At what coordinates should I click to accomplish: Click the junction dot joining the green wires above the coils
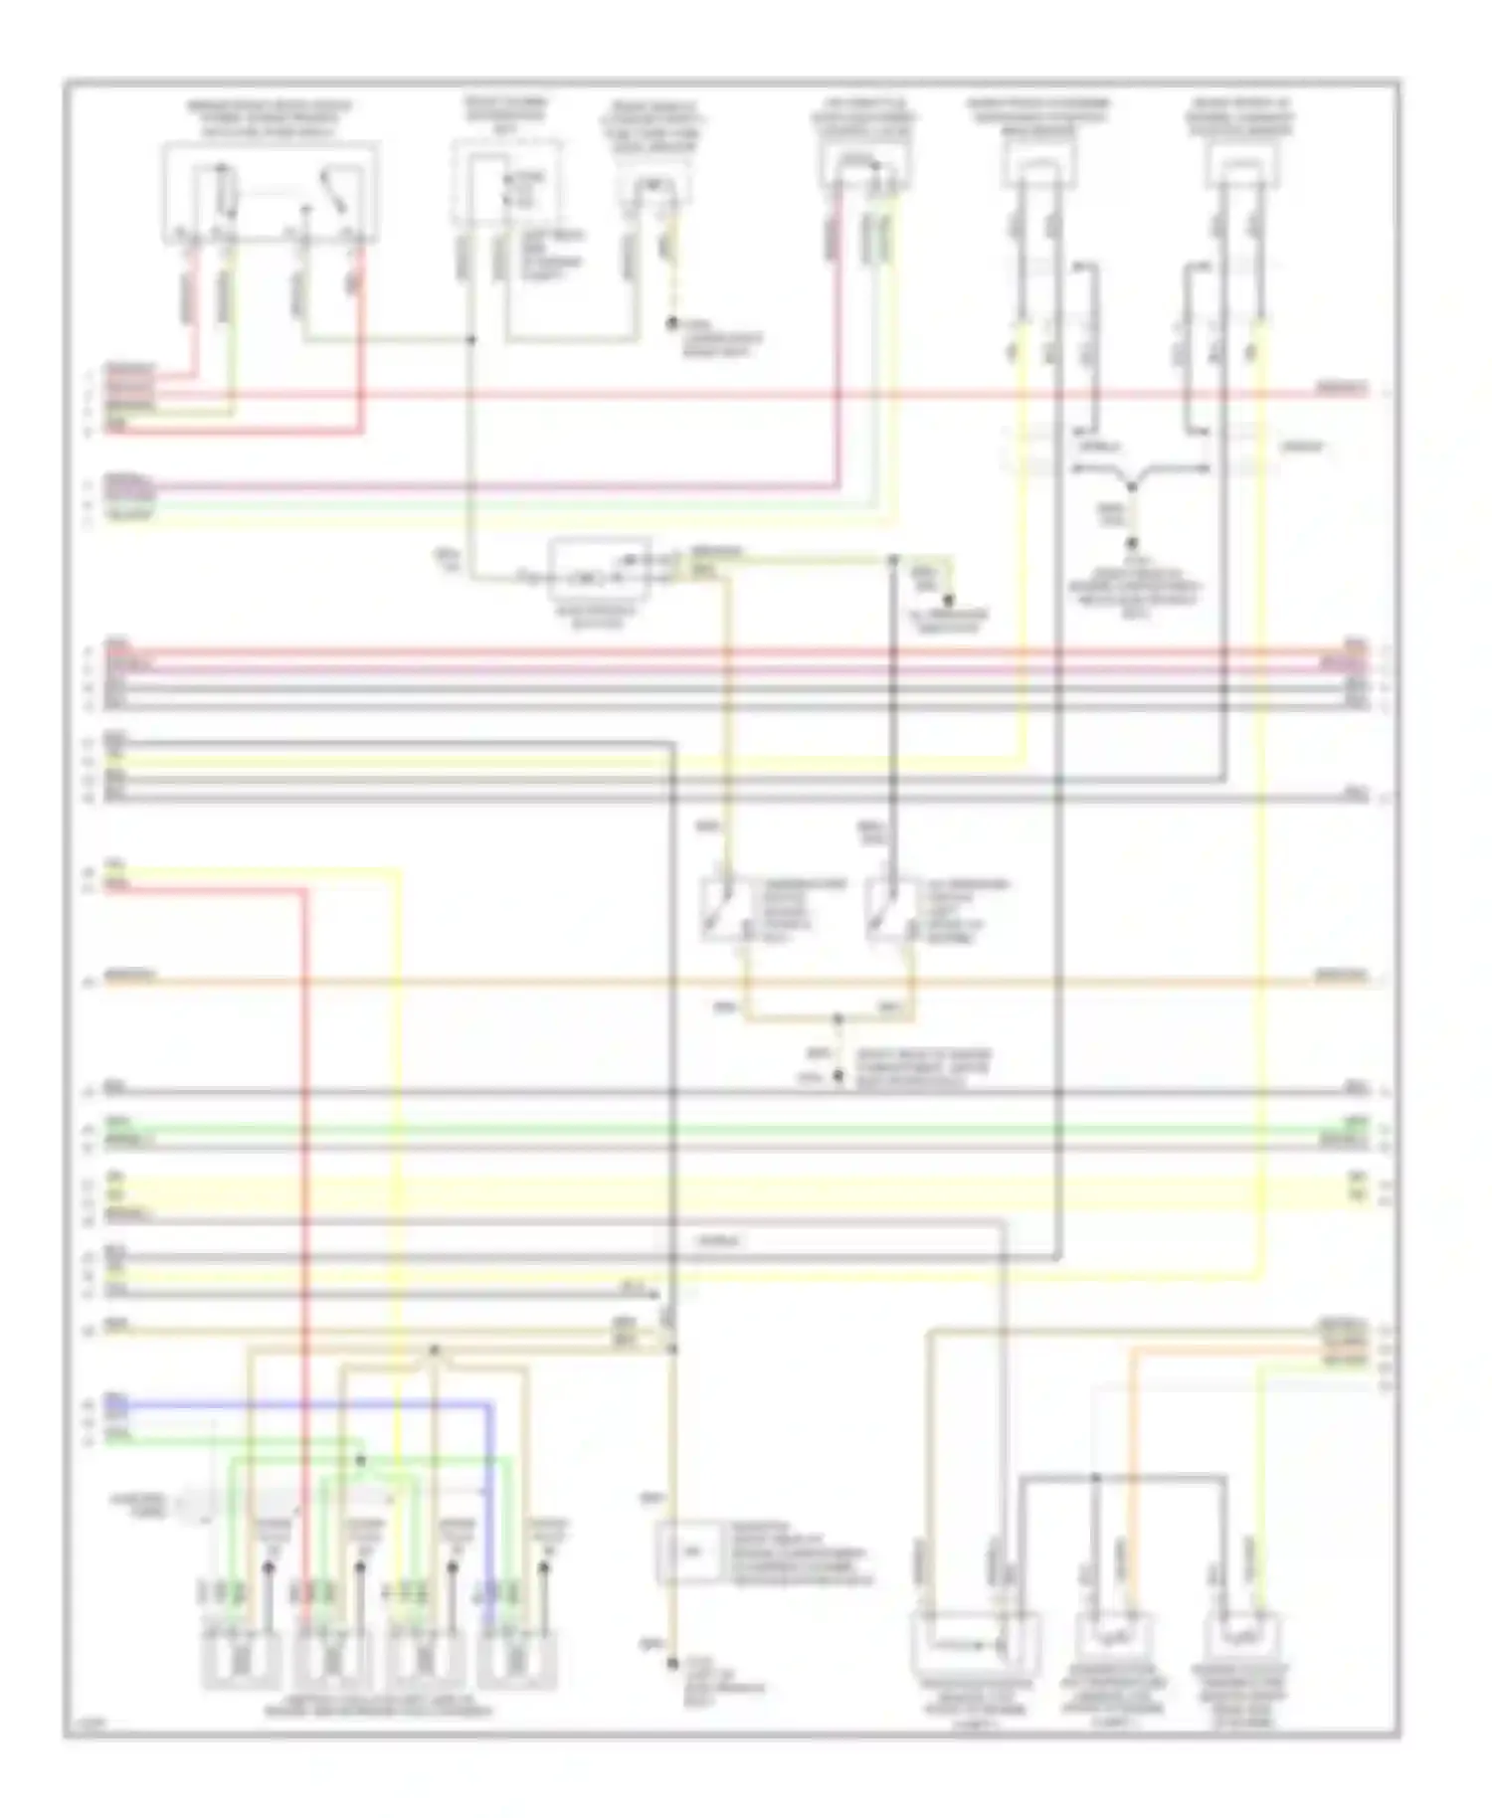coord(361,1461)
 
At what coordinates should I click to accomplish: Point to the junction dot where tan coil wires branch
coord(434,1351)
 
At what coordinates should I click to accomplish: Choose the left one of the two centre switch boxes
coord(728,909)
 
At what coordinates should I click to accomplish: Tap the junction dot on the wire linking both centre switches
coord(838,1019)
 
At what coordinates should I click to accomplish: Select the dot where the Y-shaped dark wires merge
coord(1131,487)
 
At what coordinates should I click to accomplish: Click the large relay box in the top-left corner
coord(271,193)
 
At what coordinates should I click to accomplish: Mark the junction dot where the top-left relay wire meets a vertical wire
coord(471,340)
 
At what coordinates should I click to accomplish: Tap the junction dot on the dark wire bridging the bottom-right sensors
coord(1096,1478)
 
